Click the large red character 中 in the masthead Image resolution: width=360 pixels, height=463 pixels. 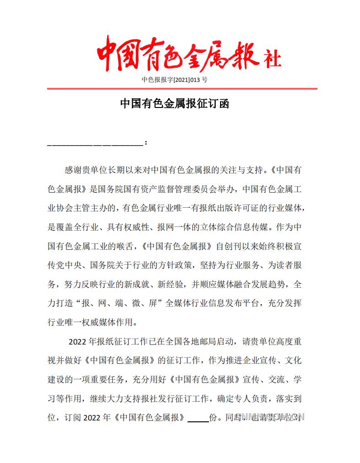point(110,54)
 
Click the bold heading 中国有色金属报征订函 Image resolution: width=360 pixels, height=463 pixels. point(174,103)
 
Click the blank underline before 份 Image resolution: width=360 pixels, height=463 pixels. point(198,418)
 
